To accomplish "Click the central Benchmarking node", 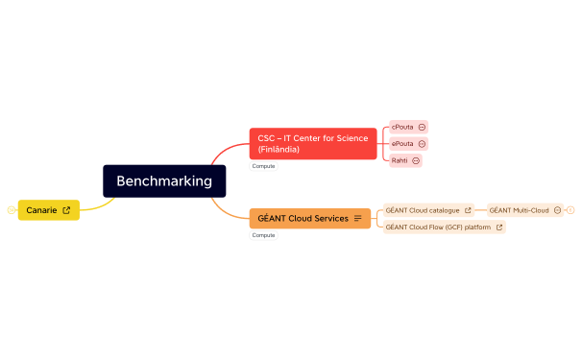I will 164,180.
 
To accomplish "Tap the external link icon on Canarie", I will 66,209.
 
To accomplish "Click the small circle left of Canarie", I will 11,209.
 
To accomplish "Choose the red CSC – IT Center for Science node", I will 312,144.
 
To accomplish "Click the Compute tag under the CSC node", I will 263,166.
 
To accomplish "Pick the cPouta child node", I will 402,127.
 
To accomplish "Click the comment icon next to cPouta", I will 422,127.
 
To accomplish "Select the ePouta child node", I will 402,143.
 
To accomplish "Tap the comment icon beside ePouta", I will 422,143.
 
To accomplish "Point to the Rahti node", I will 400,160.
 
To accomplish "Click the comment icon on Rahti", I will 416,160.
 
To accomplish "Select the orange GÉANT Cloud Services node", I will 303,218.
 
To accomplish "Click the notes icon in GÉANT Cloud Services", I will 358,218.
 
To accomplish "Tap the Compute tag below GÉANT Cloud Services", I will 263,234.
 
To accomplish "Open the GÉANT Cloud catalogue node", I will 423,209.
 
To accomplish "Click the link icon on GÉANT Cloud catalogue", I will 468,209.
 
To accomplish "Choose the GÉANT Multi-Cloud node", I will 519,209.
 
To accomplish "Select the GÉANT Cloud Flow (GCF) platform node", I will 438,227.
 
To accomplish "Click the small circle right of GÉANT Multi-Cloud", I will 570,209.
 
